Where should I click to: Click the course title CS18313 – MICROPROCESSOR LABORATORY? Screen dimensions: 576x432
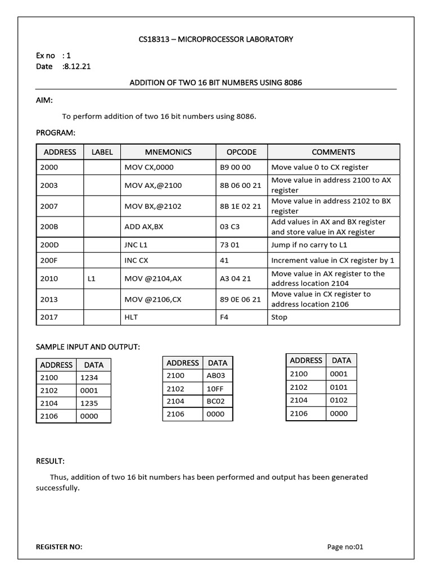(216, 39)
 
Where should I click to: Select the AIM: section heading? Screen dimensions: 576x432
(44, 100)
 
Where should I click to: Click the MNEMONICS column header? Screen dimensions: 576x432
(168, 152)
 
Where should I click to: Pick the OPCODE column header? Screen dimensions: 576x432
(241, 152)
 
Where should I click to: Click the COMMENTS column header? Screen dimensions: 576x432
(333, 152)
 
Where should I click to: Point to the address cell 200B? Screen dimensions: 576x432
(49, 227)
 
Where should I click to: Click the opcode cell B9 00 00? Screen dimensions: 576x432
(235, 167)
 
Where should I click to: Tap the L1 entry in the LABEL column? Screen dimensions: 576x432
(92, 278)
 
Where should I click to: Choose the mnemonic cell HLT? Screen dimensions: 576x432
(131, 317)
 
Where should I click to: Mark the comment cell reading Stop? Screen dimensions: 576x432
(279, 317)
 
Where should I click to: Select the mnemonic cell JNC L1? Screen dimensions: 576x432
(137, 245)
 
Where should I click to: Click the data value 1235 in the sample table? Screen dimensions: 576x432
(89, 403)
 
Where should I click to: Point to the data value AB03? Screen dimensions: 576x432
(216, 376)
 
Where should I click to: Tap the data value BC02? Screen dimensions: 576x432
(216, 401)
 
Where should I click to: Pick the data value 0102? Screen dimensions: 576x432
(339, 400)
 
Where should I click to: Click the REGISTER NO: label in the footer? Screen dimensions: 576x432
(59, 546)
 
